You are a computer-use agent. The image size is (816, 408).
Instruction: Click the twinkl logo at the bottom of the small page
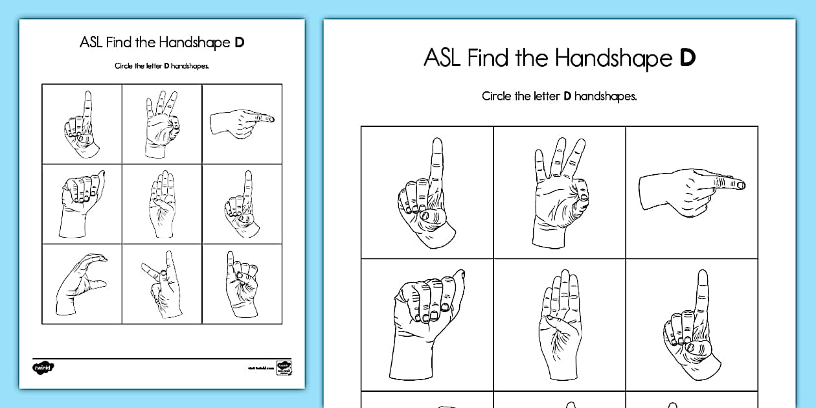43,367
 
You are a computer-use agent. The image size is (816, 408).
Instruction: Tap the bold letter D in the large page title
687,58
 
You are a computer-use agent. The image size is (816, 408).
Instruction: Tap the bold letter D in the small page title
240,43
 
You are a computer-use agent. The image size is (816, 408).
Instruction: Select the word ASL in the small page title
91,43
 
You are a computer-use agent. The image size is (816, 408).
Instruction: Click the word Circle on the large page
496,96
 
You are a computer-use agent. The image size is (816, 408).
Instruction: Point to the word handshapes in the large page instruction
606,96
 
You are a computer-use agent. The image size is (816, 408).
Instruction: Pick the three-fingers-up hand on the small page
161,123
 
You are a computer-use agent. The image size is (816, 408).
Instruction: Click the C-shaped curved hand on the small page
82,284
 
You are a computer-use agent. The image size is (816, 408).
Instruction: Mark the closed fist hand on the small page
81,203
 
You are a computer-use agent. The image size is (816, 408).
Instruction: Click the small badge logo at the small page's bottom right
283,367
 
